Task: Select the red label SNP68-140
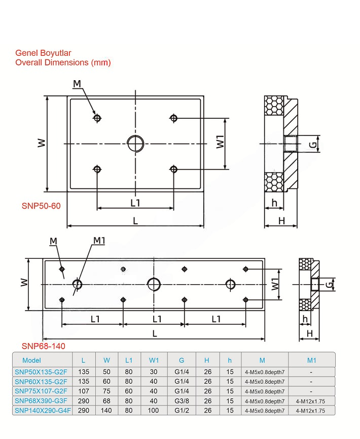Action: pyautogui.click(x=43, y=346)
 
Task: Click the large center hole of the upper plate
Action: pyautogui.click(x=135, y=144)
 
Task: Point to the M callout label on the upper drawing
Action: pyautogui.click(x=77, y=83)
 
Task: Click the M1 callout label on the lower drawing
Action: pyautogui.click(x=98, y=240)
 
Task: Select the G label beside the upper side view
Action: pyautogui.click(x=314, y=145)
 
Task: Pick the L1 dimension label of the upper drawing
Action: pyautogui.click(x=135, y=202)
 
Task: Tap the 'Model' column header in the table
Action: pyautogui.click(x=31, y=360)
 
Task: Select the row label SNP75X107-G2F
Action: pyautogui.click(x=41, y=391)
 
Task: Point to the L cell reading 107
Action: pyautogui.click(x=83, y=391)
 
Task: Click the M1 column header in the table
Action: pyautogui.click(x=311, y=360)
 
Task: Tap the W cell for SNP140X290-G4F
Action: pyautogui.click(x=106, y=411)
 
